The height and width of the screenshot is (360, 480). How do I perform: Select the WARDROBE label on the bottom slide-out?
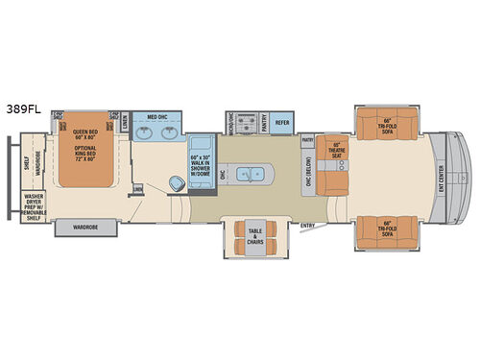point(87,228)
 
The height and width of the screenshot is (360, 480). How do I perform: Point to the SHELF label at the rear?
point(24,163)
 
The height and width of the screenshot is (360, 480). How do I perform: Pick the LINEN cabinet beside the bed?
point(126,120)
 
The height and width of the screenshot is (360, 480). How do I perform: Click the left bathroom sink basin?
point(144,132)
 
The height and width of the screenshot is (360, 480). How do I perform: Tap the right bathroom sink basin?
point(173,132)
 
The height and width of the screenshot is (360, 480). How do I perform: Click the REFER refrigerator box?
point(282,122)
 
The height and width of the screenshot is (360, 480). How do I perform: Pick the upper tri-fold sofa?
point(388,123)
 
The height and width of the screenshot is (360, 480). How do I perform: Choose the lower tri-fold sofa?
point(388,228)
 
